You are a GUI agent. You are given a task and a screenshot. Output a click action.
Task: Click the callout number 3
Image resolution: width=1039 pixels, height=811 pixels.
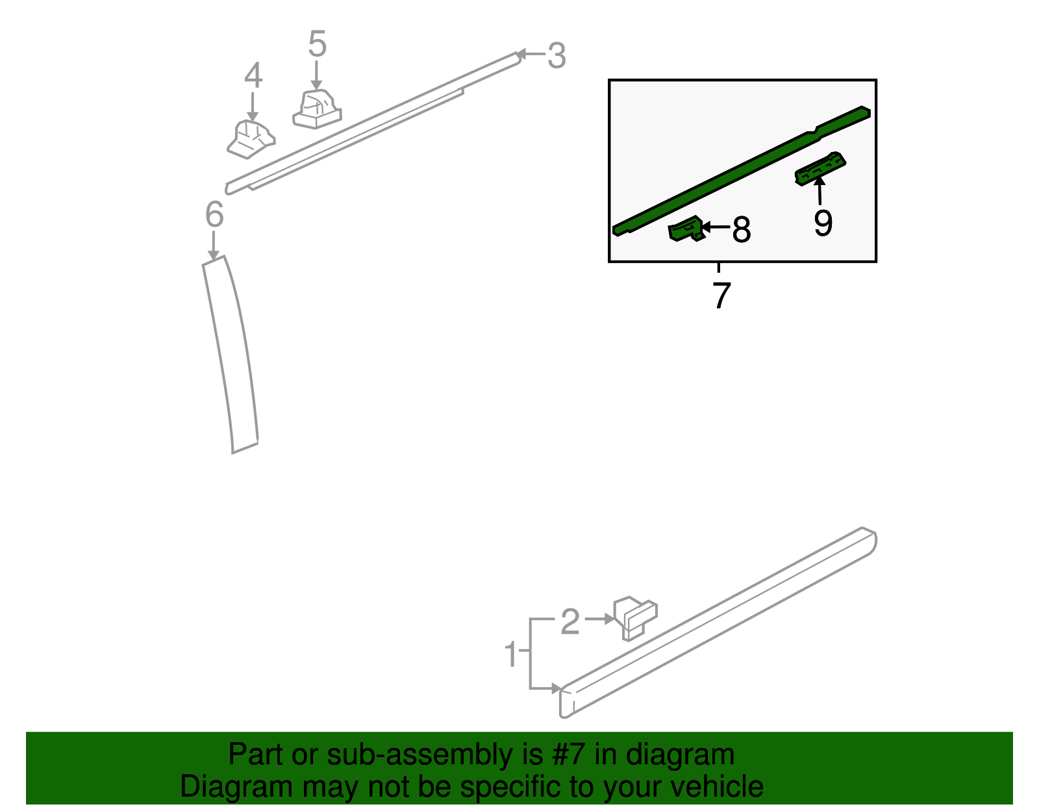pyautogui.click(x=557, y=55)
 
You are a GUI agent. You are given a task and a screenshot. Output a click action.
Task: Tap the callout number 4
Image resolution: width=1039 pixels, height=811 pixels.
pyautogui.click(x=253, y=75)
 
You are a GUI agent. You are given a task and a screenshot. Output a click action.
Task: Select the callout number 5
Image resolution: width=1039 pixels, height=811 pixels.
pyautogui.click(x=318, y=44)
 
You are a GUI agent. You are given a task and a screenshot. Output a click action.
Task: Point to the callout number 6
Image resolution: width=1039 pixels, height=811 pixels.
pyautogui.click(x=214, y=214)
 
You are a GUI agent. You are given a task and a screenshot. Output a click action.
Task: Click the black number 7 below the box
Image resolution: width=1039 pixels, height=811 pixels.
pyautogui.click(x=721, y=295)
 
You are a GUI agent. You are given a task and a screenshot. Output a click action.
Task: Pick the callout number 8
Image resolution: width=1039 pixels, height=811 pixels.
pyautogui.click(x=742, y=229)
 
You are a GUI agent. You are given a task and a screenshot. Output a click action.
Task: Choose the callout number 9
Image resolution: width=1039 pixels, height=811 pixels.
pyautogui.click(x=823, y=223)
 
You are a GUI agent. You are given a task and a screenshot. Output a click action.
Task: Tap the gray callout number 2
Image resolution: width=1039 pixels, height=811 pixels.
pyautogui.click(x=570, y=621)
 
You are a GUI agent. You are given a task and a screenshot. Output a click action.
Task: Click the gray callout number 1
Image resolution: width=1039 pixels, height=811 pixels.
pyautogui.click(x=512, y=653)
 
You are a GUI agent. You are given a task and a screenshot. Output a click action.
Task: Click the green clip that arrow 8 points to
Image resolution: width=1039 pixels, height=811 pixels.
pyautogui.click(x=686, y=229)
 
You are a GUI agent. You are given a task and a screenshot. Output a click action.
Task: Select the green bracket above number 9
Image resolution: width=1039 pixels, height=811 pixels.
pyautogui.click(x=821, y=169)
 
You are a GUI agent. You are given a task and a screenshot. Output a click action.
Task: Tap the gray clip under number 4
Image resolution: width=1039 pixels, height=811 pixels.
pyautogui.click(x=251, y=140)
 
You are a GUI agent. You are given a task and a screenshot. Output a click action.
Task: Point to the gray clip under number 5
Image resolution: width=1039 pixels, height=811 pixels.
pyautogui.click(x=317, y=109)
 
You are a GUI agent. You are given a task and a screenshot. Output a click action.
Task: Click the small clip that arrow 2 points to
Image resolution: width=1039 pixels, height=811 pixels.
pyautogui.click(x=636, y=618)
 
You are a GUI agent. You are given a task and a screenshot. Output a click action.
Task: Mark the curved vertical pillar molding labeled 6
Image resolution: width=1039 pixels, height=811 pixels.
pyautogui.click(x=230, y=354)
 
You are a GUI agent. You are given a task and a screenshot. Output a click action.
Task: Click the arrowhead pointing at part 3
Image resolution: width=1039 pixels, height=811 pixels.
pyautogui.click(x=522, y=54)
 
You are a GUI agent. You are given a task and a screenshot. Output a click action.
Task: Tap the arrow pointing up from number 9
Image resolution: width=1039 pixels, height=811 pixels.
pyautogui.click(x=820, y=191)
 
